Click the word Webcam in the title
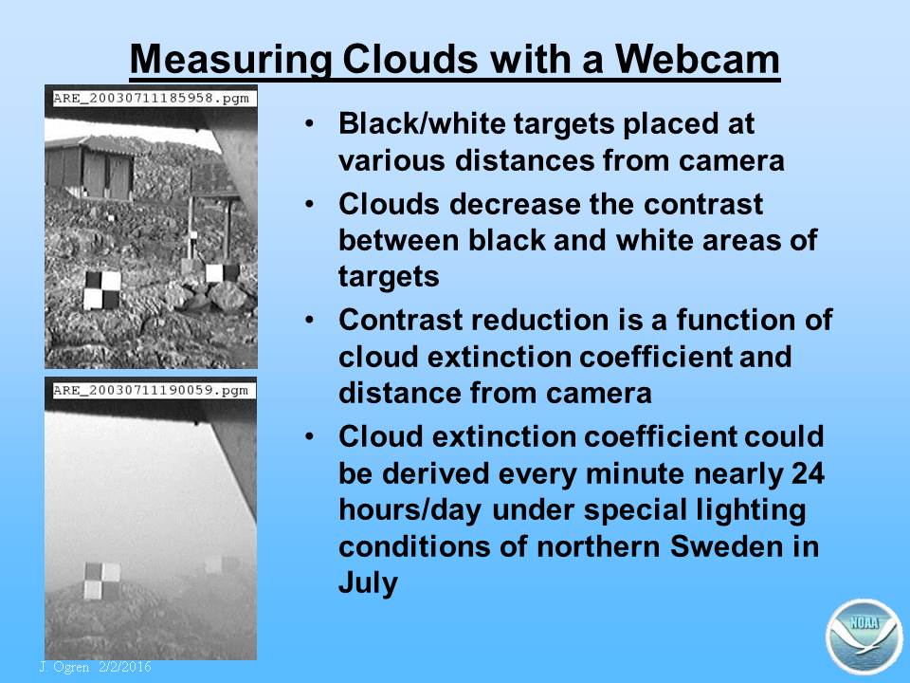pos(697,59)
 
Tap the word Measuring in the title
pos(231,61)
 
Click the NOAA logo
pos(864,636)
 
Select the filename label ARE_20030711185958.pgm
pos(151,98)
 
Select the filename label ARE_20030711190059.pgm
pos(151,390)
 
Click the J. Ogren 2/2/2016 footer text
pos(95,667)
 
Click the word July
pos(368,583)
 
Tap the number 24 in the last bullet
pos(808,473)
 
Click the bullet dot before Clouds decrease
pos(310,204)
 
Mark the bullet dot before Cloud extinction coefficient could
pos(310,436)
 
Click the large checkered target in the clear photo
pos(102,290)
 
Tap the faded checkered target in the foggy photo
pos(102,581)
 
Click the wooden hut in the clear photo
pos(90,169)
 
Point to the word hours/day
pos(409,511)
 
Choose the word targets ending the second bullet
pos(389,276)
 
